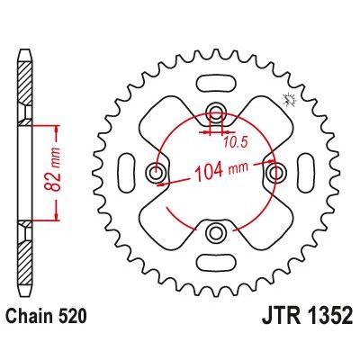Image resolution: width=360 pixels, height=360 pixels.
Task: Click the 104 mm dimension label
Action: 222,170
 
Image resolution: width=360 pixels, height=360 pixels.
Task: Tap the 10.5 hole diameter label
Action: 236,142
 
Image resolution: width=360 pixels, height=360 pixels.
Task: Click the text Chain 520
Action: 47,316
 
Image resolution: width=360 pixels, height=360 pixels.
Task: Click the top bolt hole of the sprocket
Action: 215,113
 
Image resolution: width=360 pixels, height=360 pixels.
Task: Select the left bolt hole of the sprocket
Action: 157,173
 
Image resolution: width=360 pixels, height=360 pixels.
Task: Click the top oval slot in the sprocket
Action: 215,83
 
